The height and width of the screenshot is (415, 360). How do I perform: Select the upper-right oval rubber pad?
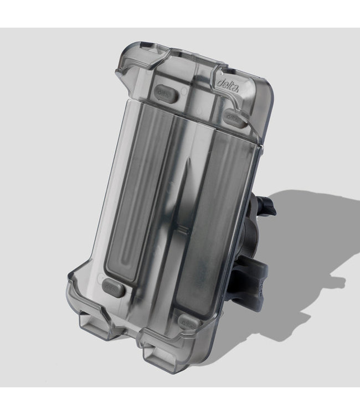235,118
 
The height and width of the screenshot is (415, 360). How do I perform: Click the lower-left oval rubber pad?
112,287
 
